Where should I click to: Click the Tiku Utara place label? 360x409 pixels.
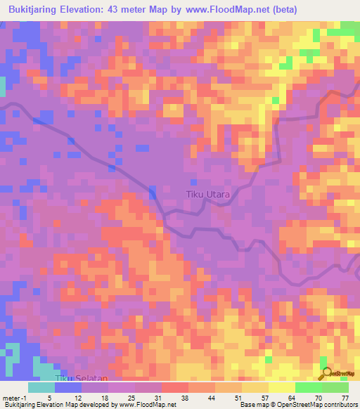207,194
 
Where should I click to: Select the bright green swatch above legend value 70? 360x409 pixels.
308,387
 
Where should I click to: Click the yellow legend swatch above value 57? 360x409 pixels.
255,387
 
